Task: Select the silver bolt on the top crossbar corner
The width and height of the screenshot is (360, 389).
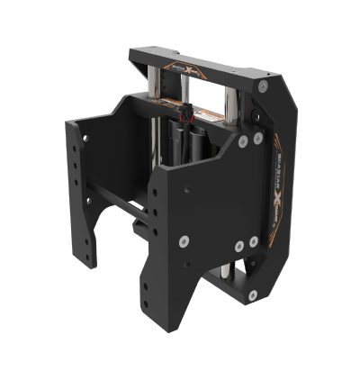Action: pos(263,86)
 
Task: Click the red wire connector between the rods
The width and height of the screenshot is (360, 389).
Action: pos(187,117)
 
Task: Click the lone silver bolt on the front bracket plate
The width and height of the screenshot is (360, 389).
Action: pos(184,240)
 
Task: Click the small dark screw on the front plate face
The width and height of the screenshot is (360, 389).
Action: pos(186,191)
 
